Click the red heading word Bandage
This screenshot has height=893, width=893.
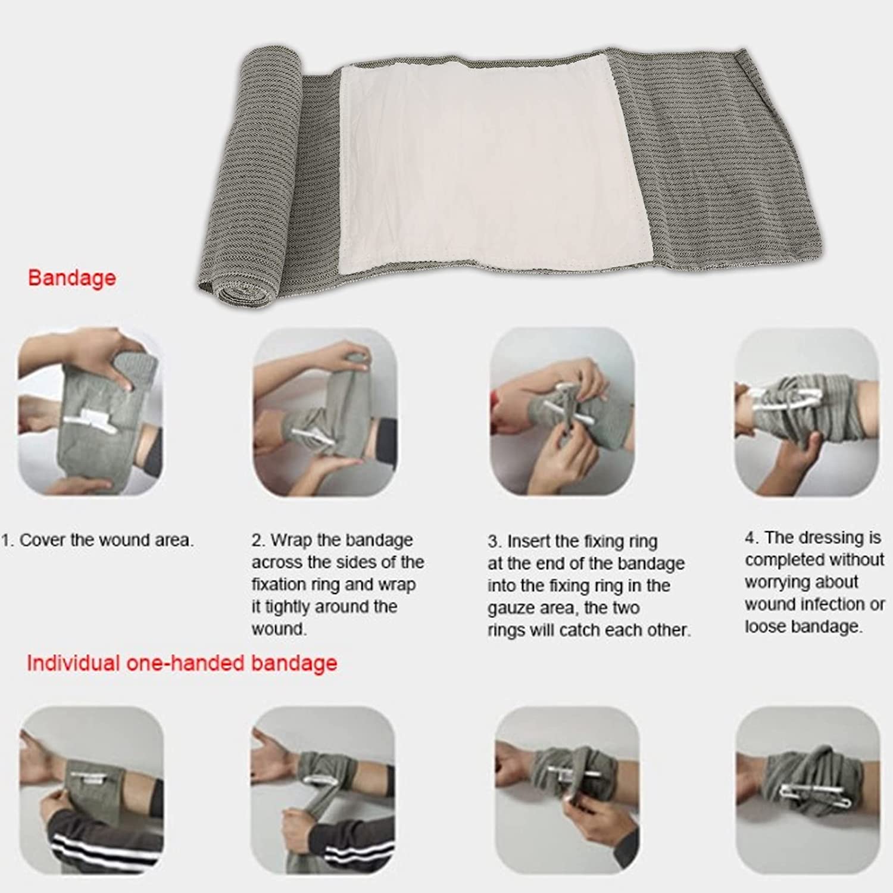click(x=72, y=278)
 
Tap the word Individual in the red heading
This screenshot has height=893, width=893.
click(x=73, y=663)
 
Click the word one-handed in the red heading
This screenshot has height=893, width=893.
click(x=185, y=663)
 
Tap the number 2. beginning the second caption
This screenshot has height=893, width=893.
click(x=258, y=541)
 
